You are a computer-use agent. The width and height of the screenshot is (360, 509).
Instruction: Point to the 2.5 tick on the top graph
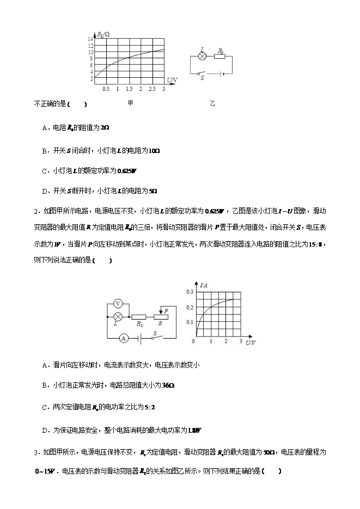pos(152,89)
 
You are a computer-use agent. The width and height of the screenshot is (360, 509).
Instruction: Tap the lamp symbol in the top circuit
pos(202,56)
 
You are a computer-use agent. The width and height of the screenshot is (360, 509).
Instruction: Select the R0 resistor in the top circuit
pos(221,56)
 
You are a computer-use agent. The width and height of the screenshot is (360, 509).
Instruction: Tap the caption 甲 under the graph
pos(130,103)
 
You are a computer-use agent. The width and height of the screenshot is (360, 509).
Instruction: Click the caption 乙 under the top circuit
pos(212,103)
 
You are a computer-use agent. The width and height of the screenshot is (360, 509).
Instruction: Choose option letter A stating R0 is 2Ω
pos(45,128)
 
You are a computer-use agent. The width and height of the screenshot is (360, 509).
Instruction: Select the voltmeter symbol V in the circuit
pos(118,303)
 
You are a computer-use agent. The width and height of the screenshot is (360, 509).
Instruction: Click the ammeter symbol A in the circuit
pos(124,338)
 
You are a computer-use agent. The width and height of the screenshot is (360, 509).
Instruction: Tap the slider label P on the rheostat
pos(166,311)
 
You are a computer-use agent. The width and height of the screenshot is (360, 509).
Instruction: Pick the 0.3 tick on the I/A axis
pos(190,292)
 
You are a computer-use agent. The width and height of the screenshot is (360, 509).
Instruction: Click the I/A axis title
pos(205,285)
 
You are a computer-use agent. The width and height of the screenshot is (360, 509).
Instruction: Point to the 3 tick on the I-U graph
pos(240,341)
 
